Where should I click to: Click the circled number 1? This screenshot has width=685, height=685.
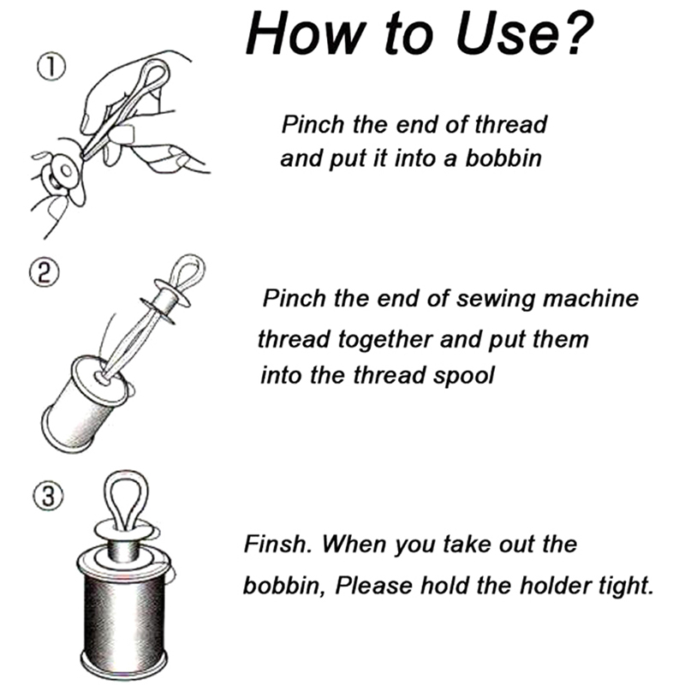coord(51,68)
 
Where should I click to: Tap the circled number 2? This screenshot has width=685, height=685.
coord(45,273)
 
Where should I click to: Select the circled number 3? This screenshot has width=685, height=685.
coord(48,497)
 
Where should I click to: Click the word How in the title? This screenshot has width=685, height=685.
coord(305,33)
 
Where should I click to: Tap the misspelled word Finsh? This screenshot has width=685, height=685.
coord(277,544)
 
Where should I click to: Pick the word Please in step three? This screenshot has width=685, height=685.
coord(374,586)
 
